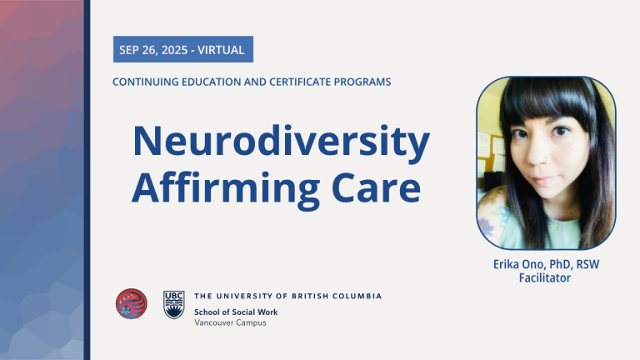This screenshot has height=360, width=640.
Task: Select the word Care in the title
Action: coord(376,187)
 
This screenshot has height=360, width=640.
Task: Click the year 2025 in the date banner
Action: coord(175,50)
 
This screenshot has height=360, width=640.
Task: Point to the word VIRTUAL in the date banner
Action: coord(221,50)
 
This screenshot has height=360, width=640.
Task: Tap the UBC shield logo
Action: coord(174,304)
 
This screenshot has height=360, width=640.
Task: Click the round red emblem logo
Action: coord(132,303)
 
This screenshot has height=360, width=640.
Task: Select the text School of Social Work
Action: coord(236,312)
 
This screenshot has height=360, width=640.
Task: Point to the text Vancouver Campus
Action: coord(230,322)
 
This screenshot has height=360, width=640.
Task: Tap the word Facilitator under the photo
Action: coord(545,278)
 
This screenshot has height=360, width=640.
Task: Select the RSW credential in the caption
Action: coord(587,264)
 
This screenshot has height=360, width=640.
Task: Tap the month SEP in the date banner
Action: coord(128,50)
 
